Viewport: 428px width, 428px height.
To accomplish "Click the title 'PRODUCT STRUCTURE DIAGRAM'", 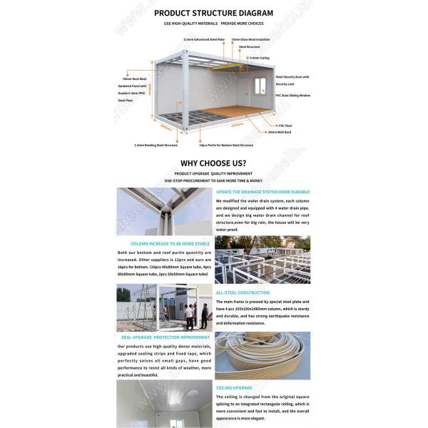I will click(x=213, y=13).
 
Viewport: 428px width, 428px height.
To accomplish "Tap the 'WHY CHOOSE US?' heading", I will click(x=213, y=163).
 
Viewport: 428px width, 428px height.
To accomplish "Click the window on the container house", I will click(x=258, y=87).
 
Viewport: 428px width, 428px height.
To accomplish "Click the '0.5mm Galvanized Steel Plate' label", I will click(x=204, y=40).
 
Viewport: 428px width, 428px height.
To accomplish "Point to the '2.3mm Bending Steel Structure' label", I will click(x=156, y=145).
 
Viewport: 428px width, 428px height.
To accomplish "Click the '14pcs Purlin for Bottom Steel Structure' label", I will click(x=225, y=145).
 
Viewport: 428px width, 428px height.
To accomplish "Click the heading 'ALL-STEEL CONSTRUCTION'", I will click(x=243, y=292).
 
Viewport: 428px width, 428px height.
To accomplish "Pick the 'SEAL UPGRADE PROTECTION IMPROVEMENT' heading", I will click(x=165, y=337).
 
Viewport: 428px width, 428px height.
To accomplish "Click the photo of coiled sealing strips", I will click(x=262, y=355).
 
